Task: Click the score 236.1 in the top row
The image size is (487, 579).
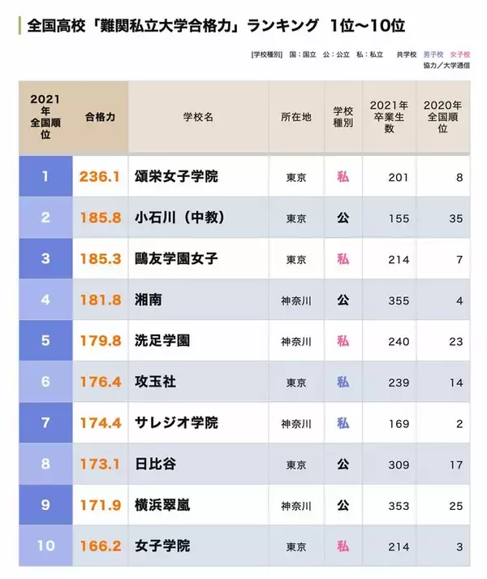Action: coord(100,176)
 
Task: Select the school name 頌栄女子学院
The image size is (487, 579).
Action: coord(176,176)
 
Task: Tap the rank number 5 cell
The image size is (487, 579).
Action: coord(45,340)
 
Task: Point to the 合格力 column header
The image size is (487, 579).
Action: coord(100,117)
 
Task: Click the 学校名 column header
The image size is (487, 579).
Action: coord(198,117)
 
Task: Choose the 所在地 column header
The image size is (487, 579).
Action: coord(296,117)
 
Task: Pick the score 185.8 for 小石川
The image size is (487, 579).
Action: coord(100,218)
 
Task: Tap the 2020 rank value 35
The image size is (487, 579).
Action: coord(455,218)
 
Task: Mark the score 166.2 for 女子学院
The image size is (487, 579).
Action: coord(100,546)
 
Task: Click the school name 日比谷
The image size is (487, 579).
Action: coord(156,464)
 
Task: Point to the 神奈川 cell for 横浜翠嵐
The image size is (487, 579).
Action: coord(296,505)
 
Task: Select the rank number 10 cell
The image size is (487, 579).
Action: coord(45,546)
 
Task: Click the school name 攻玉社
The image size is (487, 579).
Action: coord(156,382)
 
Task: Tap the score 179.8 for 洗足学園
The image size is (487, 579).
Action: coord(100,340)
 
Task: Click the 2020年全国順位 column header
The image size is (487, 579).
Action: coord(443,117)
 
